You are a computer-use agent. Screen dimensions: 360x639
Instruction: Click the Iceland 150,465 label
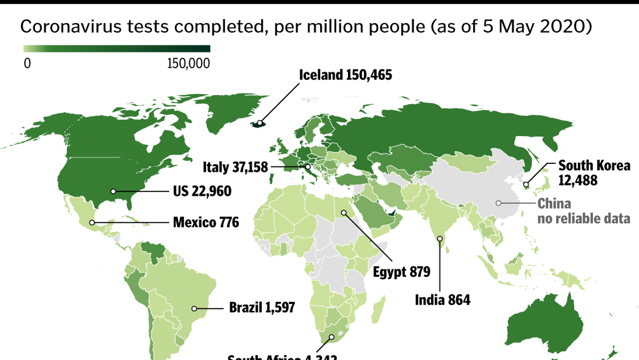click(345, 75)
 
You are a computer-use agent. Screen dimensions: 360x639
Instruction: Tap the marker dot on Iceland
click(260, 123)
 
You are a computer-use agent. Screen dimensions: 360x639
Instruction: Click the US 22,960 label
click(202, 192)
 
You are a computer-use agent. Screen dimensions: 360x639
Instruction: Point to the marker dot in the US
click(113, 192)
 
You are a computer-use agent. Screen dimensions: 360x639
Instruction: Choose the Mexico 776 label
click(206, 223)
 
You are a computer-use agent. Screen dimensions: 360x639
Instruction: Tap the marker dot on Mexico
click(92, 222)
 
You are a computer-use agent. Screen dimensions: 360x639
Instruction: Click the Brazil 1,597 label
click(262, 308)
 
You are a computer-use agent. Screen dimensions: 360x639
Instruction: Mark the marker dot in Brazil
click(195, 309)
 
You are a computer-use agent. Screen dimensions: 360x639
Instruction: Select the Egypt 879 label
click(401, 272)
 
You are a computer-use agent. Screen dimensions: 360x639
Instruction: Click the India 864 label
click(442, 300)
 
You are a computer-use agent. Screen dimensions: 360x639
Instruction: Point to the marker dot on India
click(440, 238)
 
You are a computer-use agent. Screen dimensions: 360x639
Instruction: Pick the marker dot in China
click(498, 203)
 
